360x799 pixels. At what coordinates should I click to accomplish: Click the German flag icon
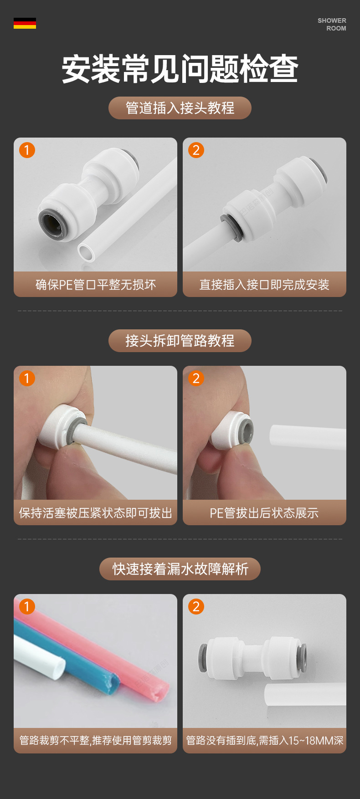coord(25,23)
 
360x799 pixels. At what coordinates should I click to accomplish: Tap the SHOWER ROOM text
coord(332,24)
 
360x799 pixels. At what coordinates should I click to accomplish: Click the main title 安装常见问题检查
coord(180,69)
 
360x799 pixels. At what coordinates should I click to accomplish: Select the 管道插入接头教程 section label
coord(180,108)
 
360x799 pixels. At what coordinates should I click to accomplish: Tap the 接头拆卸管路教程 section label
coord(180,341)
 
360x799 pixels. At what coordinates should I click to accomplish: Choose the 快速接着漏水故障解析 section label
coord(180,569)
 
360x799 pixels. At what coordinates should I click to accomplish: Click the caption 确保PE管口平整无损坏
coord(96,285)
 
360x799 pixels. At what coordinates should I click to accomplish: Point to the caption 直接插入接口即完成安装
coord(264,285)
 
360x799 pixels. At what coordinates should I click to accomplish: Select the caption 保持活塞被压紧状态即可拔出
coord(96,513)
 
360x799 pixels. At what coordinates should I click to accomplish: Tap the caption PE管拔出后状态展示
coord(264,513)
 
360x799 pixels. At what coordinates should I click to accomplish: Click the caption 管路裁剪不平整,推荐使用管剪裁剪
coord(96,741)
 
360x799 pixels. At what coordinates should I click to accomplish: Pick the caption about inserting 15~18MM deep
coord(265,741)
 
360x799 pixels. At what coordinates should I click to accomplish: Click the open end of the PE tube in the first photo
coord(86,252)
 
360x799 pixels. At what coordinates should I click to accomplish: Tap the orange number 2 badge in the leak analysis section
coord(196,606)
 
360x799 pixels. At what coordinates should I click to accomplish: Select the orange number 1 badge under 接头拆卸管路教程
coord(27,378)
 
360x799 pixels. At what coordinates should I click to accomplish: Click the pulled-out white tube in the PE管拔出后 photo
coord(308,437)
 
